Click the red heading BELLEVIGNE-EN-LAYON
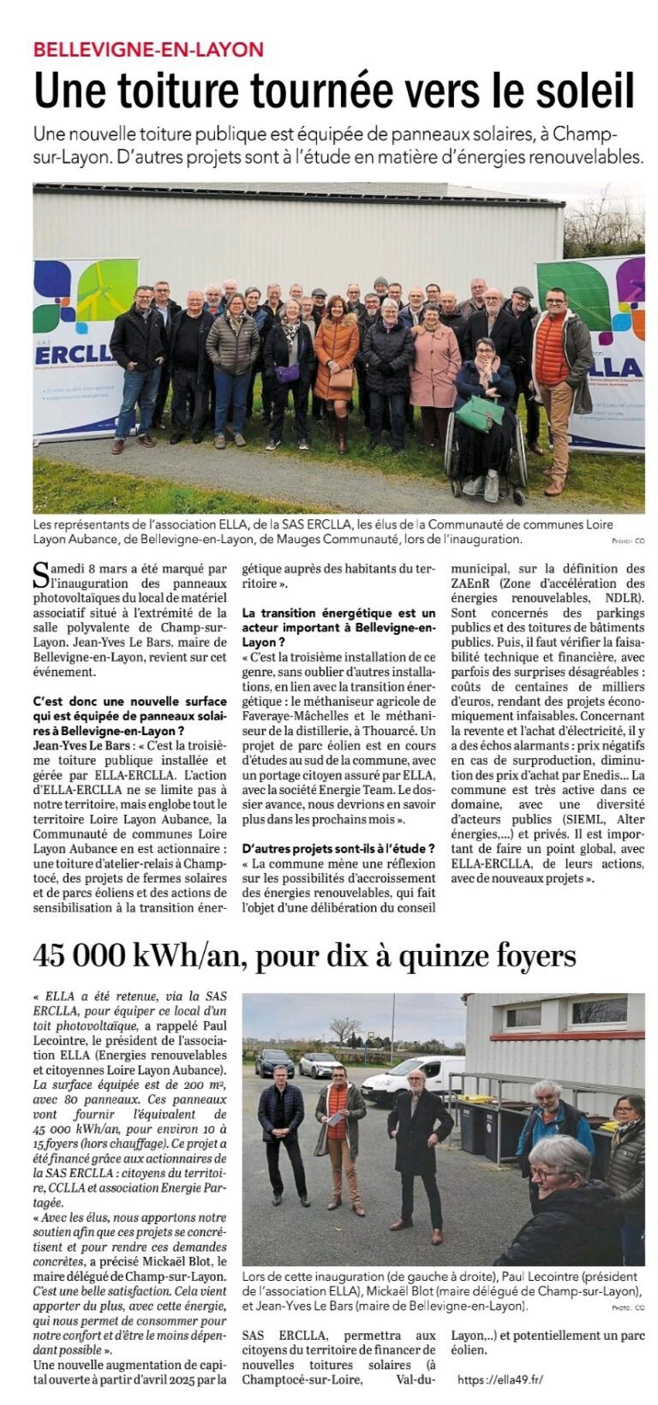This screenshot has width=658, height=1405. click(148, 49)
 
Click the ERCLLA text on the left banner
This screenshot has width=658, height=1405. click(71, 356)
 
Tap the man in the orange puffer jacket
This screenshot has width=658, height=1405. click(558, 360)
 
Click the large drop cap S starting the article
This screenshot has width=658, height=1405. click(40, 571)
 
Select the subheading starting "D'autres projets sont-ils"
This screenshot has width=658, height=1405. click(338, 848)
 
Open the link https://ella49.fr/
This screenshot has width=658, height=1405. click(500, 1379)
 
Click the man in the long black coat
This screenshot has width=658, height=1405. click(418, 1139)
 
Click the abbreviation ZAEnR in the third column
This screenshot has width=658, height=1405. click(474, 583)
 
